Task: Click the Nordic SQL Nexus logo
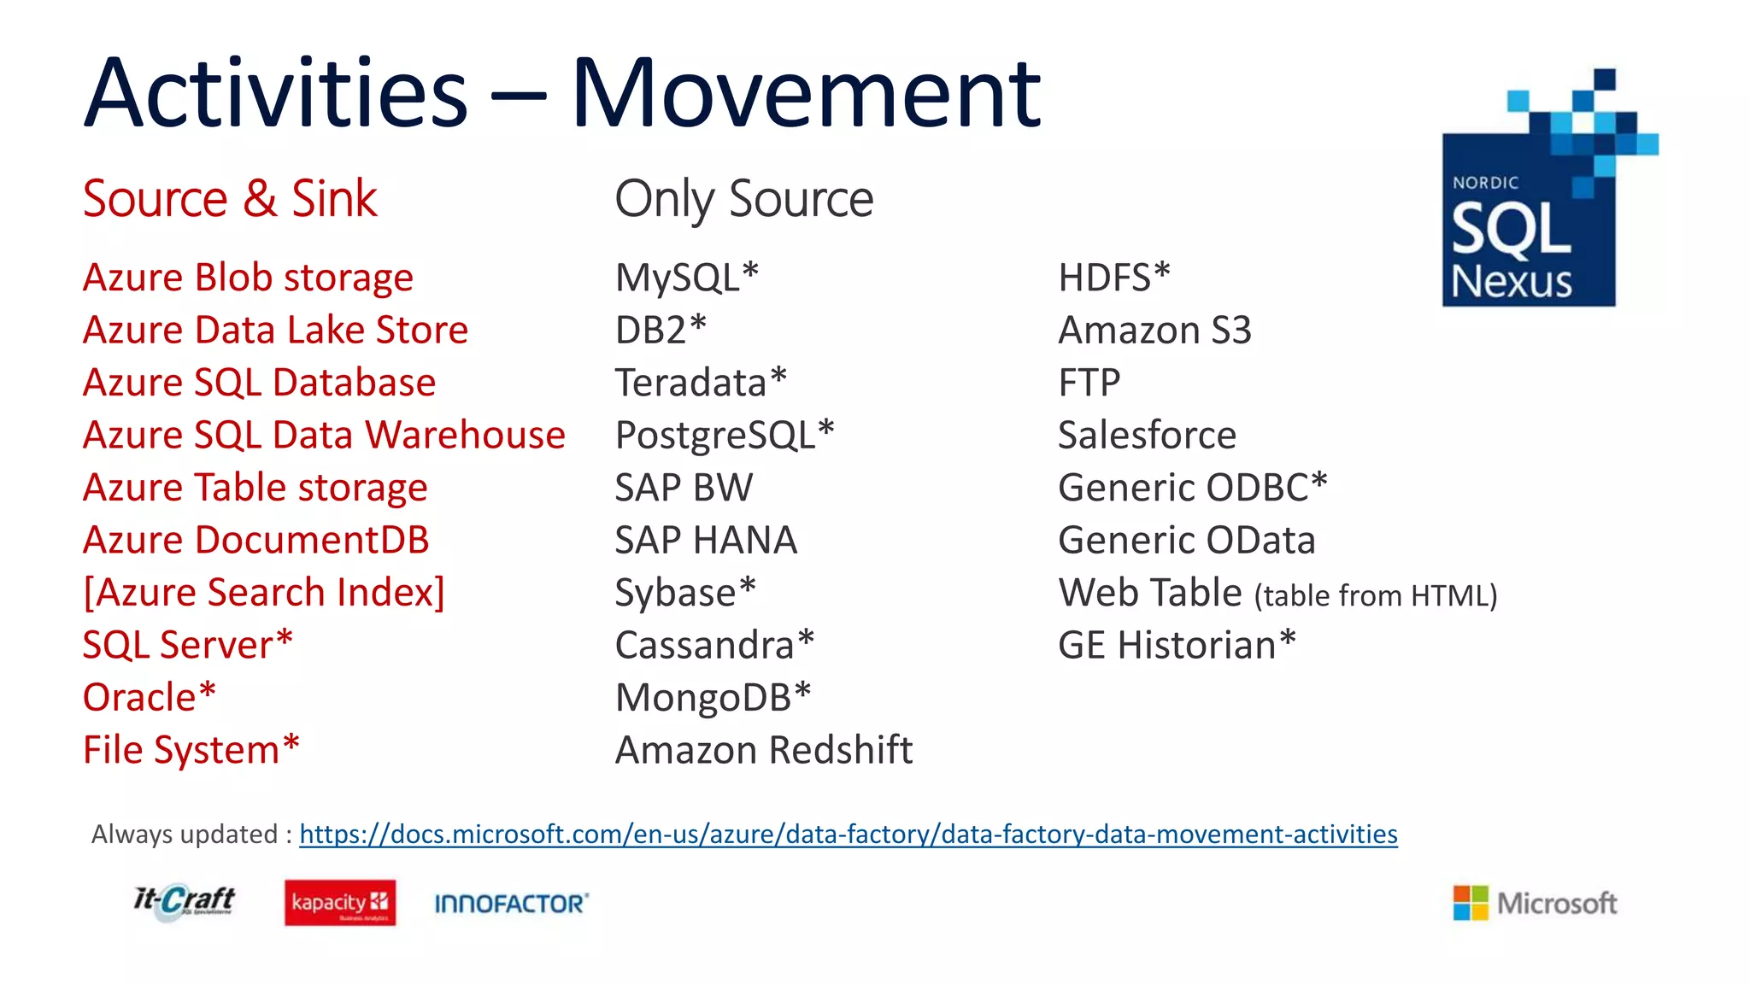(x=1530, y=214)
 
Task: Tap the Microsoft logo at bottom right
(x=1535, y=903)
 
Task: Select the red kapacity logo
(x=340, y=903)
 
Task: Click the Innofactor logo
(x=511, y=904)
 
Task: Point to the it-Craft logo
(x=185, y=902)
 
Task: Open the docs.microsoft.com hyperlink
(x=848, y=834)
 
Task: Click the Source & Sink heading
(x=230, y=199)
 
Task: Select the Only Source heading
(x=743, y=199)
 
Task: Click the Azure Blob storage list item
(x=248, y=278)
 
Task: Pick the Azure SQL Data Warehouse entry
(x=324, y=435)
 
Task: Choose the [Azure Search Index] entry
(x=264, y=593)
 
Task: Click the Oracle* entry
(x=149, y=697)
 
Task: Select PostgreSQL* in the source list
(x=724, y=435)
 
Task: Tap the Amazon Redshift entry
(x=764, y=750)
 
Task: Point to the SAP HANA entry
(x=706, y=540)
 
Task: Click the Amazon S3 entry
(x=1154, y=331)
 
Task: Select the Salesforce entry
(x=1147, y=435)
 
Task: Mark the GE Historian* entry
(x=1177, y=645)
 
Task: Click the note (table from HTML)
(x=1376, y=595)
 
